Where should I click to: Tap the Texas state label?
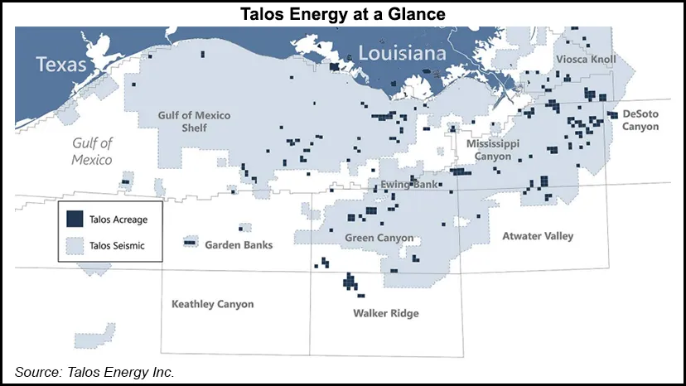click(x=62, y=64)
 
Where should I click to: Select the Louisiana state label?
click(x=402, y=54)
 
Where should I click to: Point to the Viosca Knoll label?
click(x=585, y=60)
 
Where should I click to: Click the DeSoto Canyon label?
click(x=640, y=120)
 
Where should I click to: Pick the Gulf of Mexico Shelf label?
click(x=194, y=122)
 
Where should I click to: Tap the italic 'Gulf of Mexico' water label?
click(x=91, y=152)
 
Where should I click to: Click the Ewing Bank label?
click(x=408, y=184)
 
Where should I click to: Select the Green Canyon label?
click(x=379, y=238)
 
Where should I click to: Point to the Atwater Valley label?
click(x=538, y=236)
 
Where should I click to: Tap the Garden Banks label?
click(x=239, y=245)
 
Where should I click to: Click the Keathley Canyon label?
click(x=212, y=304)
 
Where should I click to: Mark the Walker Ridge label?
click(x=385, y=313)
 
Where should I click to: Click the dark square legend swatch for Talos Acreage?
click(x=75, y=219)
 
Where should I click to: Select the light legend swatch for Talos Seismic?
click(x=75, y=244)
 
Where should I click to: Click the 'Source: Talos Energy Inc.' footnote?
click(x=94, y=372)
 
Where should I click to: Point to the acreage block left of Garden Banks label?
click(x=190, y=243)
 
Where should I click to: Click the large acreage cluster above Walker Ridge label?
click(x=350, y=282)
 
